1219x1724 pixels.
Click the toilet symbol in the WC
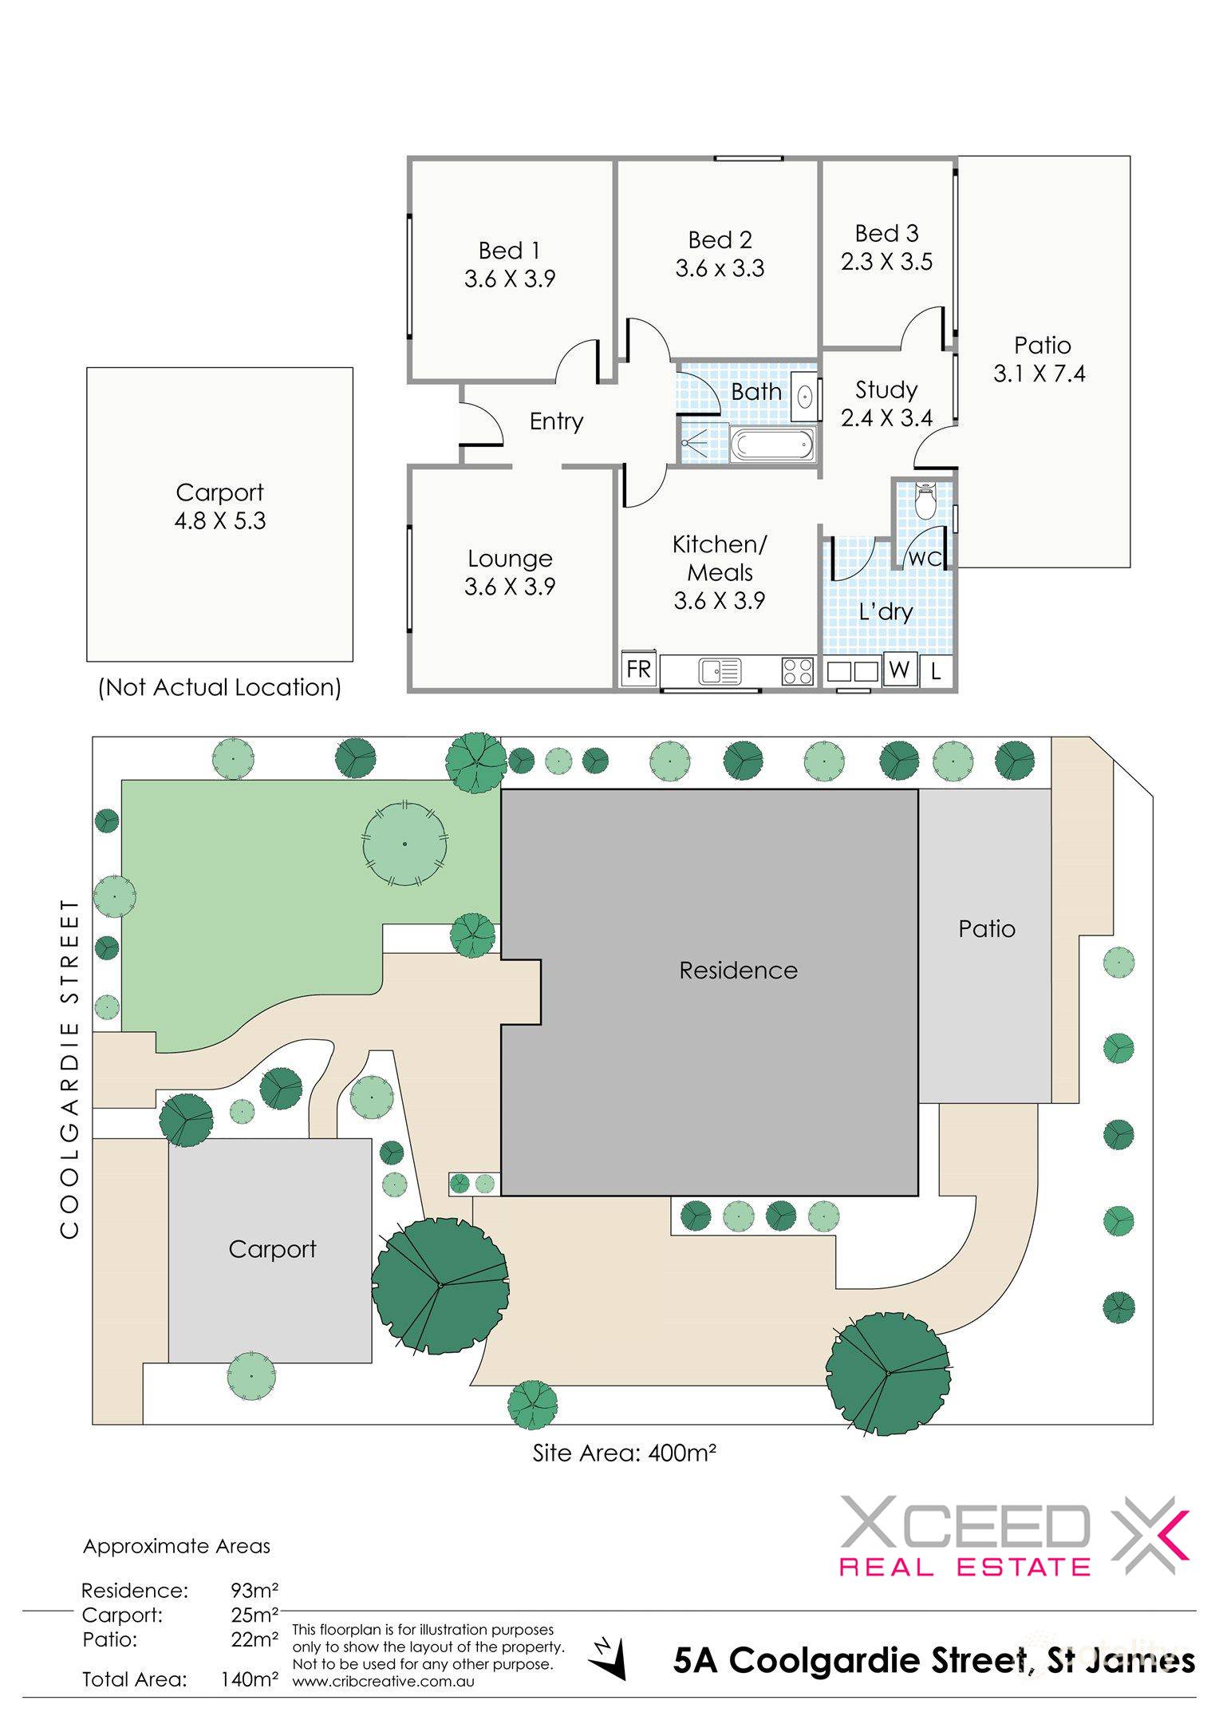[925, 501]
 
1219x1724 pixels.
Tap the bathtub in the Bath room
[772, 445]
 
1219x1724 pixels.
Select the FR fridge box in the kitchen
[638, 669]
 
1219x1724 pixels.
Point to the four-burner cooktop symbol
[797, 670]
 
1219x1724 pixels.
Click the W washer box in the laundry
[900, 669]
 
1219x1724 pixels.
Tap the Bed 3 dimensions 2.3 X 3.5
[886, 262]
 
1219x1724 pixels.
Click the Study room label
[886, 389]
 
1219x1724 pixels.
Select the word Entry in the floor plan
[556, 421]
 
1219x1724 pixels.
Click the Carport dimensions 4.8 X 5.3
[220, 520]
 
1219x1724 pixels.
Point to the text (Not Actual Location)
[219, 687]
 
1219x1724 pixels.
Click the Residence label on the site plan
[738, 971]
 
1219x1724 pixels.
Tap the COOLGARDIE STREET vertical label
[70, 1069]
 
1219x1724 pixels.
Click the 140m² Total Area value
[250, 1679]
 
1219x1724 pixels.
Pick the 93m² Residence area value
[254, 1591]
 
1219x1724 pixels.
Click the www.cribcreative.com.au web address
[384, 1681]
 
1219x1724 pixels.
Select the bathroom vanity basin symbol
[805, 396]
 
